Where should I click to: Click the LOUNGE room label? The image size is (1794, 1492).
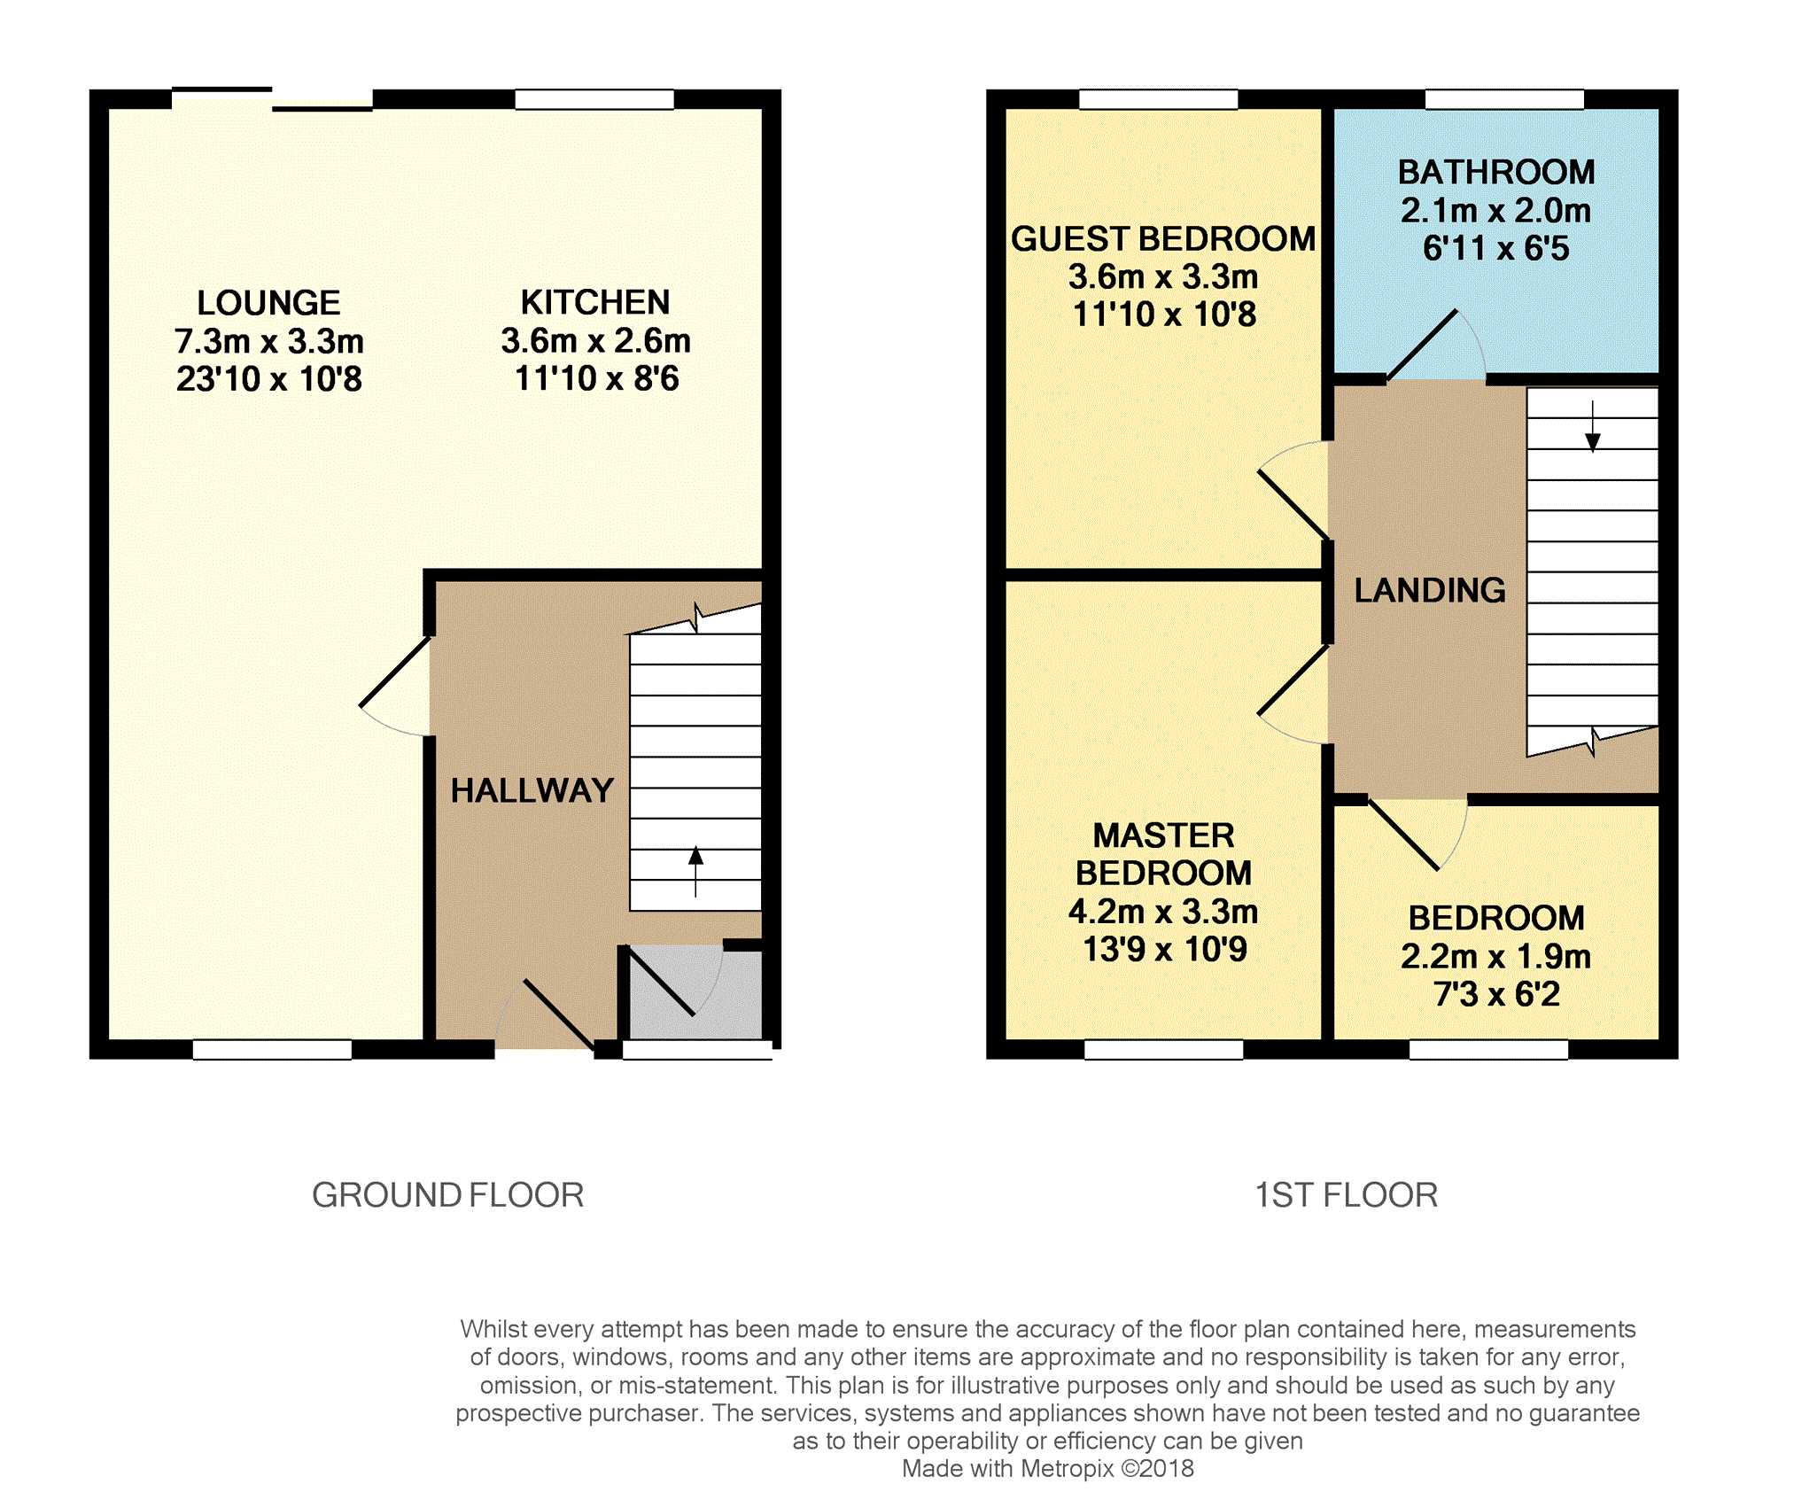point(268,303)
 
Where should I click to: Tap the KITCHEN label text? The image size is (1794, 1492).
point(595,302)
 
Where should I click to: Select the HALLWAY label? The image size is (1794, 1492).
point(532,790)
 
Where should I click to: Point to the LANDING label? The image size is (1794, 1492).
point(1430,590)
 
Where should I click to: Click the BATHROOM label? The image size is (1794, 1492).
point(1496,172)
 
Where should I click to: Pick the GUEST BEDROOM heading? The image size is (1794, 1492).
point(1163,239)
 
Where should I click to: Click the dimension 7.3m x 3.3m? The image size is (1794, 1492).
point(269,341)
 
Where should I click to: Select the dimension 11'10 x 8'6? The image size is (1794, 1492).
point(597,378)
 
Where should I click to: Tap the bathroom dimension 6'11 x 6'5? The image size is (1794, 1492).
point(1496,248)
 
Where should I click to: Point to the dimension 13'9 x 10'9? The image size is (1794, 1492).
point(1165,949)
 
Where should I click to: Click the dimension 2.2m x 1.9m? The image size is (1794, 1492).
point(1496,956)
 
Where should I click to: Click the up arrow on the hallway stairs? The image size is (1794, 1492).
point(695,871)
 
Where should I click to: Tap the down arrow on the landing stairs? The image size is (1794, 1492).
point(1593,426)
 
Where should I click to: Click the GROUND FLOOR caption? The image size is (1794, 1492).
point(448,1195)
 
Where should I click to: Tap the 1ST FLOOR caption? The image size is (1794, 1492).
point(1347,1195)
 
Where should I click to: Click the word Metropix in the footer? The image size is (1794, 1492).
point(1068,1469)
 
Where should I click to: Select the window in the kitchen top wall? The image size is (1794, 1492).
point(594,99)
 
